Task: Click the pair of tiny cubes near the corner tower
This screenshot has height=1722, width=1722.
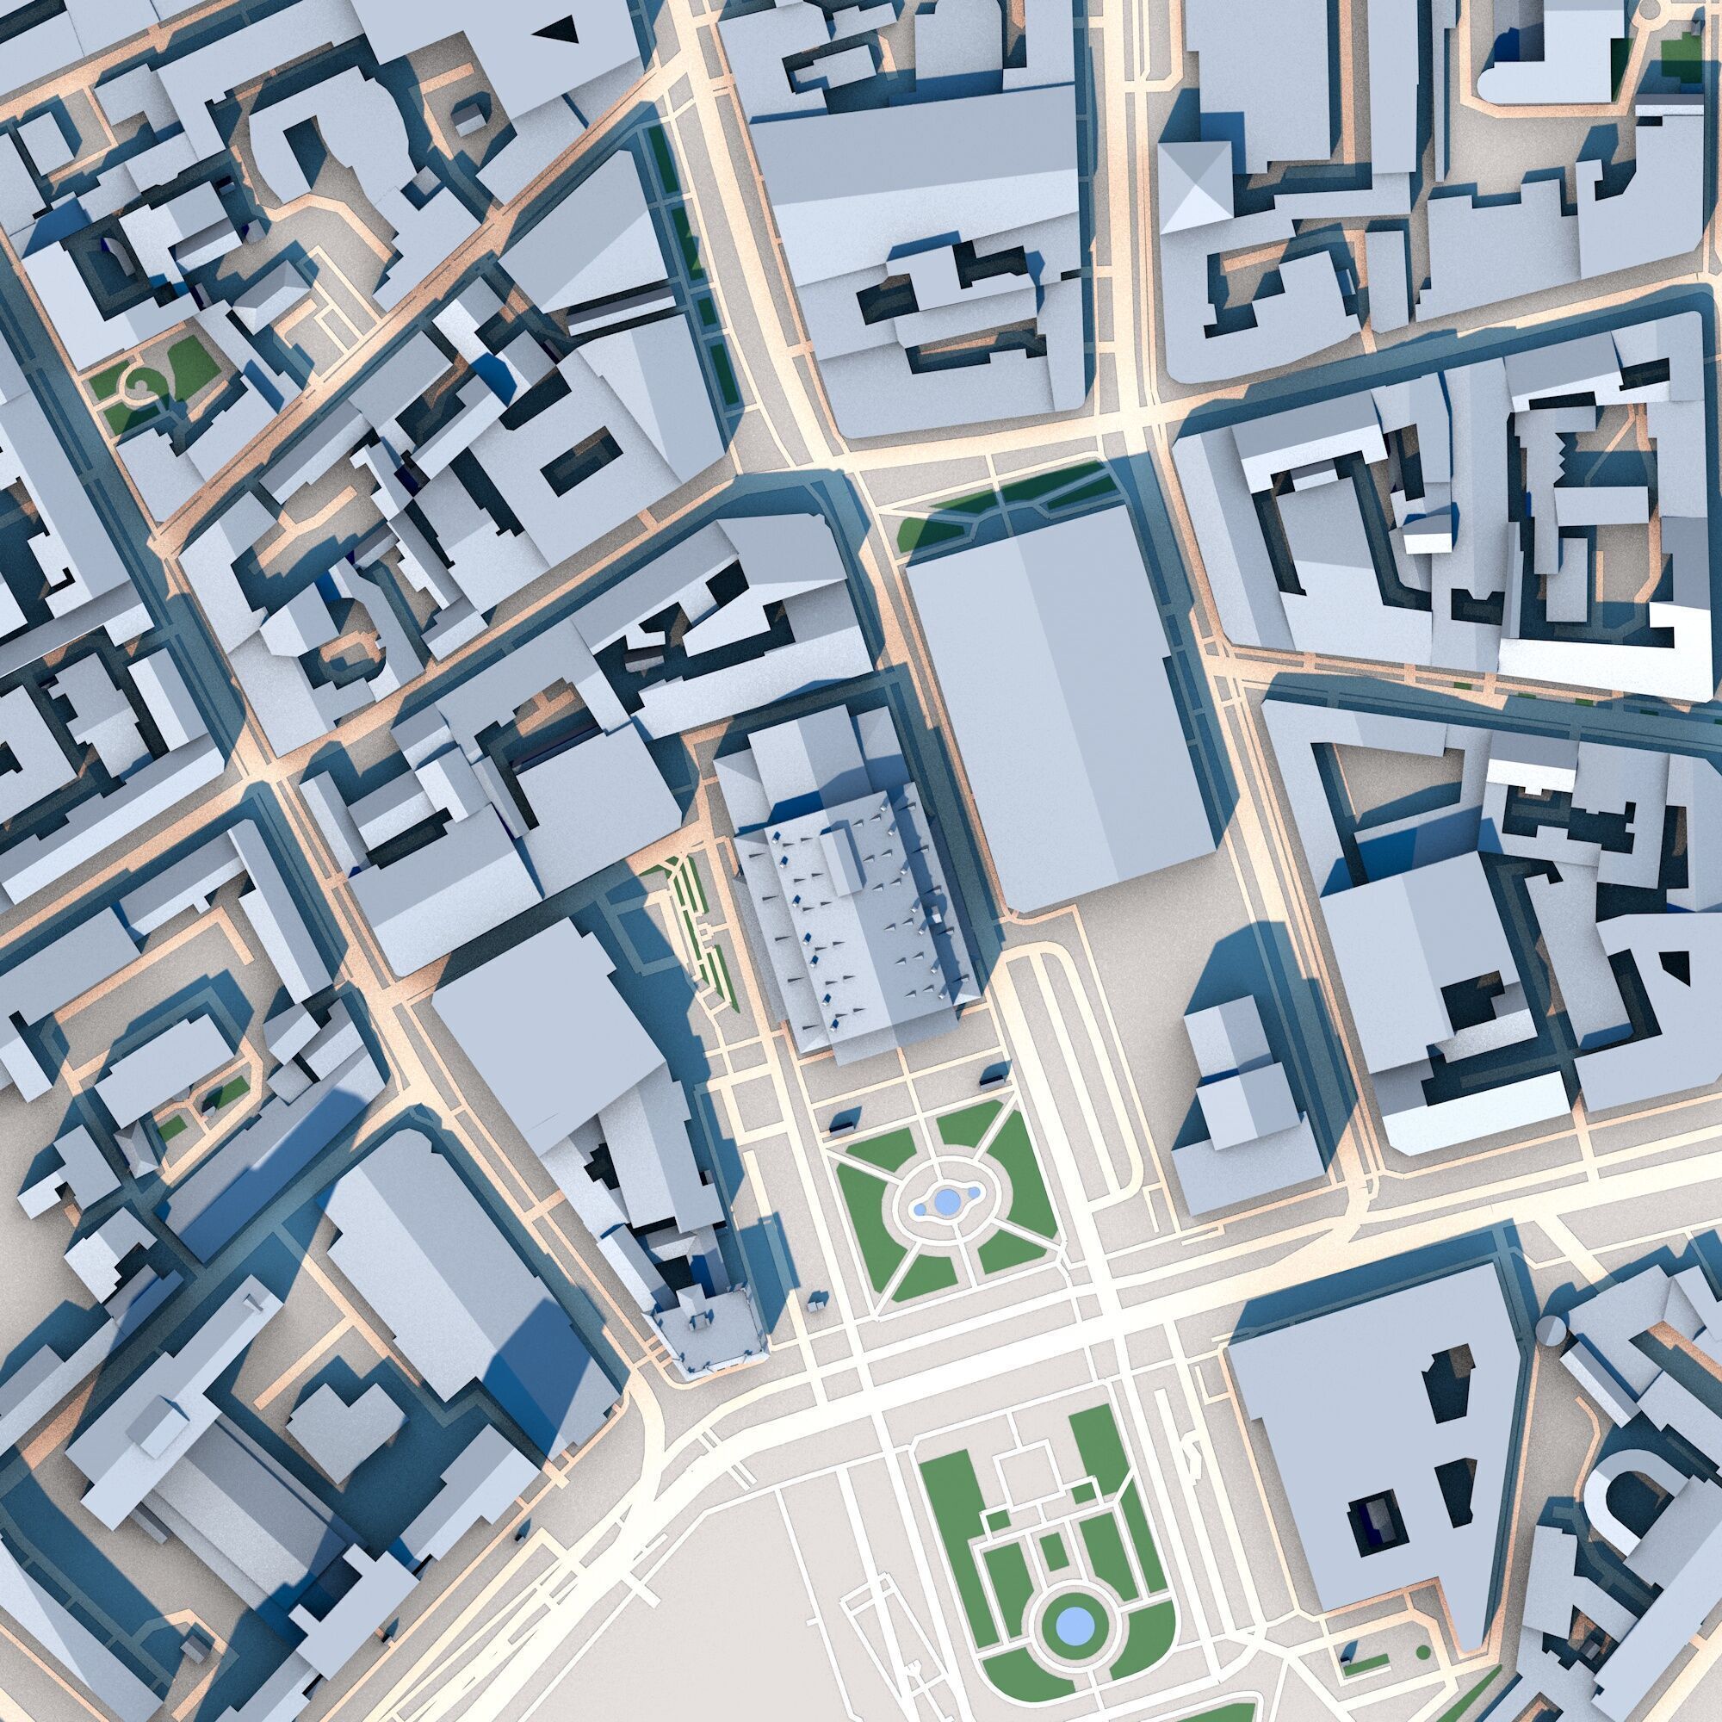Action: coord(815,1301)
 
